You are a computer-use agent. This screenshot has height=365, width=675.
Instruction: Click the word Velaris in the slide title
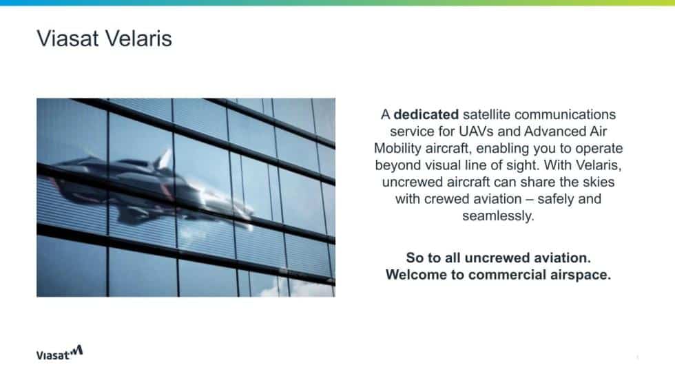(x=138, y=39)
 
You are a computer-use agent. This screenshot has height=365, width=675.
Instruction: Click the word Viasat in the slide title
(x=68, y=39)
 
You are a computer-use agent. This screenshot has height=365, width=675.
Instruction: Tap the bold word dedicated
(x=426, y=114)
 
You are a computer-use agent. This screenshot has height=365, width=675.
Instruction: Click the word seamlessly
(x=498, y=216)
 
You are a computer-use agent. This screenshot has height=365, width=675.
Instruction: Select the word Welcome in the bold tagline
(x=416, y=275)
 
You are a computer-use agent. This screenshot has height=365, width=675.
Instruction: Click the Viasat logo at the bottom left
(x=59, y=353)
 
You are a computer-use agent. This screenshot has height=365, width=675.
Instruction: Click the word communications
(x=565, y=114)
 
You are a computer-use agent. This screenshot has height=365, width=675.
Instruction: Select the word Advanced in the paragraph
(x=553, y=132)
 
